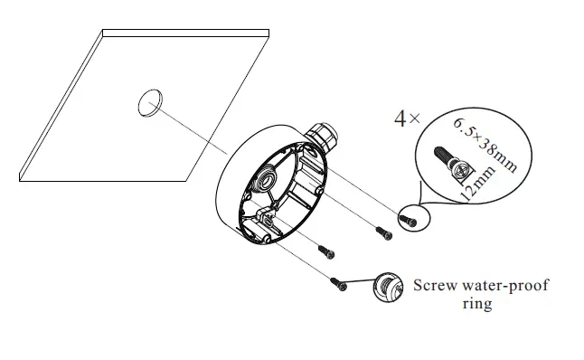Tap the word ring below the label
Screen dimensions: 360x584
476,305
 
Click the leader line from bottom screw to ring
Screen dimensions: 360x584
360,285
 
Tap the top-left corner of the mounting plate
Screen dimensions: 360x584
103,32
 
